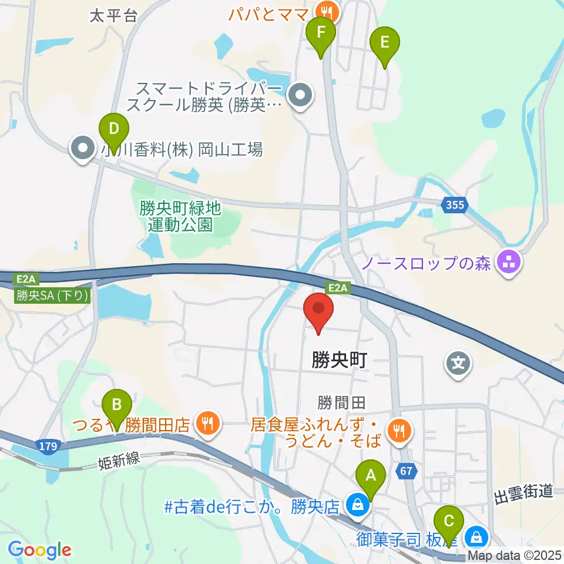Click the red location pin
click(318, 310)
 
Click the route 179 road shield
click(49, 446)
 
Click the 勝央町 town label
click(340, 360)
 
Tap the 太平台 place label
click(113, 16)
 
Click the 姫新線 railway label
click(119, 461)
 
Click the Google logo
click(40, 550)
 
